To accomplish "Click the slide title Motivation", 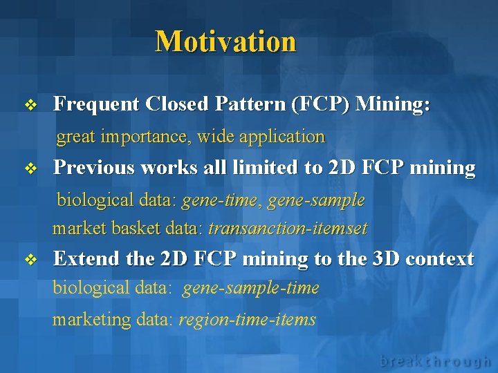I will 225,41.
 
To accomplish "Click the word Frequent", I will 96,104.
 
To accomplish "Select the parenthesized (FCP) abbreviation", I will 321,104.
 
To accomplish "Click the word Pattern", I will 250,104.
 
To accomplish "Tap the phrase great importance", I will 124,137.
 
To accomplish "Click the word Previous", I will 93,168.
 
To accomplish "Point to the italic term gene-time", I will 222,200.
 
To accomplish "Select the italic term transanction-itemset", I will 288,228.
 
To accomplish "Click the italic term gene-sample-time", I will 250,288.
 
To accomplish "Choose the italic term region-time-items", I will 247,319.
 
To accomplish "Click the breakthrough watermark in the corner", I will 435,361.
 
